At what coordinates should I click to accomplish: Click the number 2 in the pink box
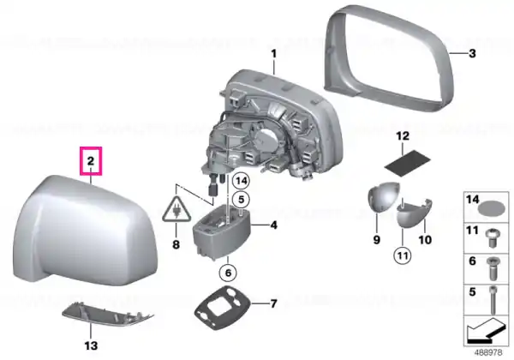(91, 160)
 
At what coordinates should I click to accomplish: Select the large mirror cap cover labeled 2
(85, 231)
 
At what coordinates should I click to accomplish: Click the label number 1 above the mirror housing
(274, 54)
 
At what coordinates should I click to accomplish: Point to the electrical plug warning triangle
(176, 209)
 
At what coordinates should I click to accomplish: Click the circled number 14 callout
(241, 181)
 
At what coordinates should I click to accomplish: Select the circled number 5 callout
(241, 199)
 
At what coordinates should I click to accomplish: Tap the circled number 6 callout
(228, 273)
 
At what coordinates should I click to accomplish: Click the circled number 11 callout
(403, 255)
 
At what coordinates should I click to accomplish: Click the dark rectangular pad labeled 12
(407, 163)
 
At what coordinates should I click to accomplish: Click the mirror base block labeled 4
(221, 231)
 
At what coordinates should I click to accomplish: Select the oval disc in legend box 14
(492, 208)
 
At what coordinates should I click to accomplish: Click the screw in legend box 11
(491, 238)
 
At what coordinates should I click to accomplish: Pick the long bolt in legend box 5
(493, 300)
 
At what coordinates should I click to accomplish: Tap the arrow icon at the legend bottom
(486, 331)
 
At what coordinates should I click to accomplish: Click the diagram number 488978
(488, 353)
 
